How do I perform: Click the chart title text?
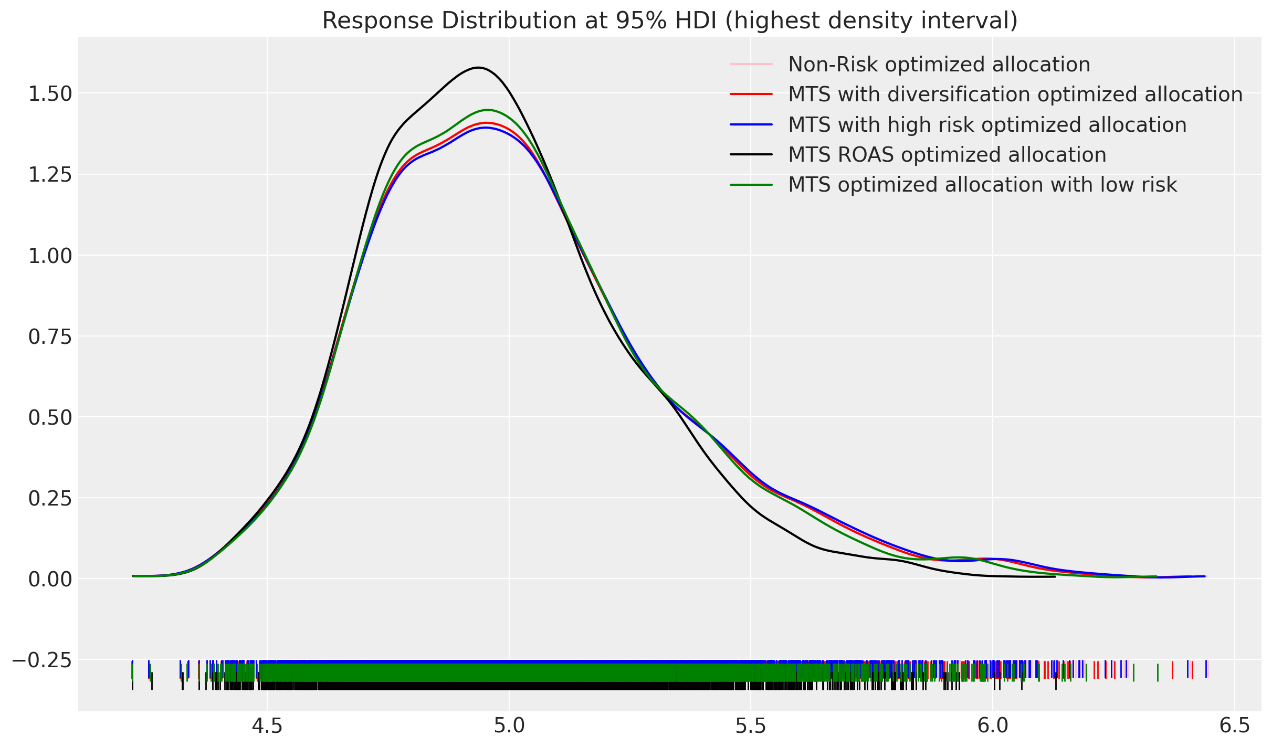(x=669, y=21)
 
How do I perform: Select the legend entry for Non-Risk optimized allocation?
(x=939, y=65)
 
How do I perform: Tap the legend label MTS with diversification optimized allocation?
(x=1015, y=94)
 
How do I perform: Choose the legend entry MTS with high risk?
(x=987, y=125)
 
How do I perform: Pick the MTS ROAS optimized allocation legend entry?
(x=947, y=155)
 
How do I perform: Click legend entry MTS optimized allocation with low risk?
(x=982, y=185)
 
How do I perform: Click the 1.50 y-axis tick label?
(x=50, y=94)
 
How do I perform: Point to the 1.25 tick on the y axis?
(x=50, y=175)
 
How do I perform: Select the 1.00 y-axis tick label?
(x=50, y=256)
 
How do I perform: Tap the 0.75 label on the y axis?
(x=50, y=336)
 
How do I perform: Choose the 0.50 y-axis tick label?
(x=50, y=417)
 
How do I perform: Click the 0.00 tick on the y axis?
(x=50, y=579)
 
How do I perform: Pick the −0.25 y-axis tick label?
(x=42, y=660)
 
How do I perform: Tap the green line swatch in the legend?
(x=751, y=185)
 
